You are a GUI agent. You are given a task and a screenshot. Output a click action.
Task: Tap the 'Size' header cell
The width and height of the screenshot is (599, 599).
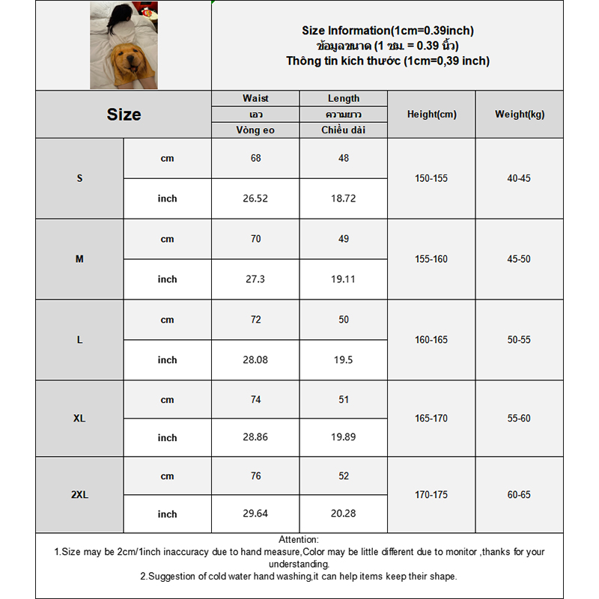click(124, 115)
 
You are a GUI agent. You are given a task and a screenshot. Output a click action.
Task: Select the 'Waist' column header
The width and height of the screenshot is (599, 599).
click(255, 99)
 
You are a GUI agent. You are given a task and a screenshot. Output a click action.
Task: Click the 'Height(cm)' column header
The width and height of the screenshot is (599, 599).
click(431, 115)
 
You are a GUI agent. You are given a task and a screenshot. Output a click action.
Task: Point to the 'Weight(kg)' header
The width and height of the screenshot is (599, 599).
click(520, 115)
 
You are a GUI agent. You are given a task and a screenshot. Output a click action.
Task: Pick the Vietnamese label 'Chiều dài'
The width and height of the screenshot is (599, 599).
click(344, 130)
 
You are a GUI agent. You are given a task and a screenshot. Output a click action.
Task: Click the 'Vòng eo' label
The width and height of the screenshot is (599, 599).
click(255, 130)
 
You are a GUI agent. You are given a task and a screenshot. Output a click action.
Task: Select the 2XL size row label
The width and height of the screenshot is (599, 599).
click(79, 495)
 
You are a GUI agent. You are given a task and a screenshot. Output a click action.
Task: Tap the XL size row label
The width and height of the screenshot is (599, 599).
click(79, 418)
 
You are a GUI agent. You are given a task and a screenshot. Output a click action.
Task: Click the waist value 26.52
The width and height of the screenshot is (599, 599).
click(255, 198)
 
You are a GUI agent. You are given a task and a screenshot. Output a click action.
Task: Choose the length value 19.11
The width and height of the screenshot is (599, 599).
click(344, 279)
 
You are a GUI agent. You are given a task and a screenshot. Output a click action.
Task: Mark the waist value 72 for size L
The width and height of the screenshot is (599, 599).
click(255, 320)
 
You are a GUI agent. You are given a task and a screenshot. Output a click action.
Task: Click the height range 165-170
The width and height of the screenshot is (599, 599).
click(431, 418)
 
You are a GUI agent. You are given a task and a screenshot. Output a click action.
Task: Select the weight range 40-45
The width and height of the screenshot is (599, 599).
click(520, 179)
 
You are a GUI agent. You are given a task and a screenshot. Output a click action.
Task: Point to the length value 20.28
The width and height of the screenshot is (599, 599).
click(344, 514)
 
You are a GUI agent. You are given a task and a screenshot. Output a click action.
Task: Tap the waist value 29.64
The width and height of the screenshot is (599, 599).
click(255, 514)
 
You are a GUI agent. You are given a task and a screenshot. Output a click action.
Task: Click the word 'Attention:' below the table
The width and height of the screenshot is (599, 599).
click(299, 540)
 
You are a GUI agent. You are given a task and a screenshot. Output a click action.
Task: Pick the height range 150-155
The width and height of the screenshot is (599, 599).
click(431, 179)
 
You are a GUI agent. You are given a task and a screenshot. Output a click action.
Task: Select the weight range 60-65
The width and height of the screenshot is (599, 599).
click(520, 495)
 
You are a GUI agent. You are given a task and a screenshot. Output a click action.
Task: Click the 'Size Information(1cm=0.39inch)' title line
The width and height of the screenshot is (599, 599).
click(388, 31)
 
